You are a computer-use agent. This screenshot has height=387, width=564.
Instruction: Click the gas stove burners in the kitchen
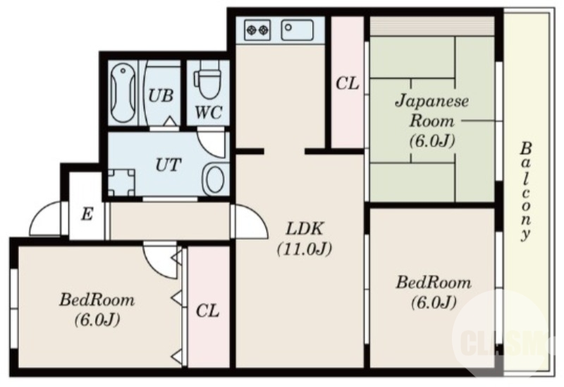coord(257,30)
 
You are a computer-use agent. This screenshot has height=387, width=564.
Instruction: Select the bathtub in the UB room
coord(124,93)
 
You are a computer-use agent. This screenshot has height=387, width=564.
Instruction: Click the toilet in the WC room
coord(207,81)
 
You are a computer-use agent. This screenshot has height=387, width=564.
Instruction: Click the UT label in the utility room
coord(168,165)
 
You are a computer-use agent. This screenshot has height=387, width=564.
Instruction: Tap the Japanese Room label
coord(431,110)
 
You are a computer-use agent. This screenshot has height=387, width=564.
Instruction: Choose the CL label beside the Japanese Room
coord(347,84)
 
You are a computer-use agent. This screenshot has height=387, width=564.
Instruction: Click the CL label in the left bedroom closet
coord(207,311)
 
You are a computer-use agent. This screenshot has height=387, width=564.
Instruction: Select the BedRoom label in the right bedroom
coord(433,283)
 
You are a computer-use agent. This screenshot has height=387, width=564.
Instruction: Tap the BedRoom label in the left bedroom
coord(97,300)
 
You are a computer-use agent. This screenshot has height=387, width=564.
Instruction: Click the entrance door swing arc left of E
coord(47,219)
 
